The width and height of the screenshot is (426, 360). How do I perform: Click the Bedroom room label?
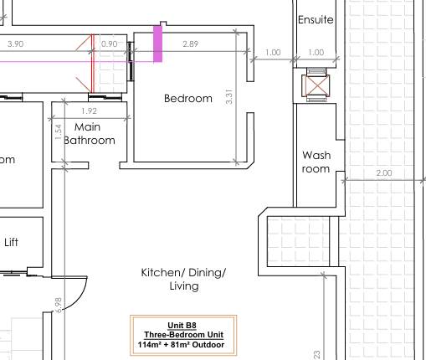click(x=187, y=99)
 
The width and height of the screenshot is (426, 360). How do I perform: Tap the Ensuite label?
click(x=316, y=19)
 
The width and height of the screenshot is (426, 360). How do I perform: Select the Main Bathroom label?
click(x=89, y=133)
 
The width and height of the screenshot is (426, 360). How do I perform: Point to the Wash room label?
click(x=316, y=162)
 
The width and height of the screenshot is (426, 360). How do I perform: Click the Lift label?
click(x=12, y=243)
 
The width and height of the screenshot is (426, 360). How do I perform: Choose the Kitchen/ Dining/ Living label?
click(x=183, y=280)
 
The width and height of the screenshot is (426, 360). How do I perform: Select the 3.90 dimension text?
click(x=15, y=44)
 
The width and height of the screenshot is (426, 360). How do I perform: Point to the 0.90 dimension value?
click(x=109, y=44)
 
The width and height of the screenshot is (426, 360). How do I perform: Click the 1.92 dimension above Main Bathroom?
click(x=89, y=111)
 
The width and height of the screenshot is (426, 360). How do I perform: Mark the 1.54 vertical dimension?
click(x=58, y=132)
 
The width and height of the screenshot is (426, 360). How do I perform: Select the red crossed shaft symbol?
click(x=316, y=85)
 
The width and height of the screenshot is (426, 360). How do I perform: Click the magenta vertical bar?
click(x=157, y=43)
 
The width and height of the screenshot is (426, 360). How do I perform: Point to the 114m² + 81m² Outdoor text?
click(x=183, y=344)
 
